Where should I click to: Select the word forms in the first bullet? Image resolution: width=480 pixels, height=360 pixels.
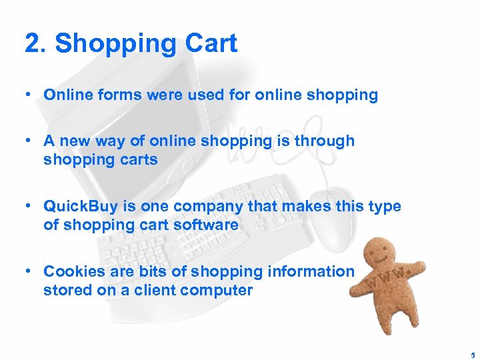[x=123, y=95]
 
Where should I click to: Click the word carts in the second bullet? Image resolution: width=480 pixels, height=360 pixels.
[x=138, y=160]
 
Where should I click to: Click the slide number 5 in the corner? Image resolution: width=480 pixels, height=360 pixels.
[x=469, y=355]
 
